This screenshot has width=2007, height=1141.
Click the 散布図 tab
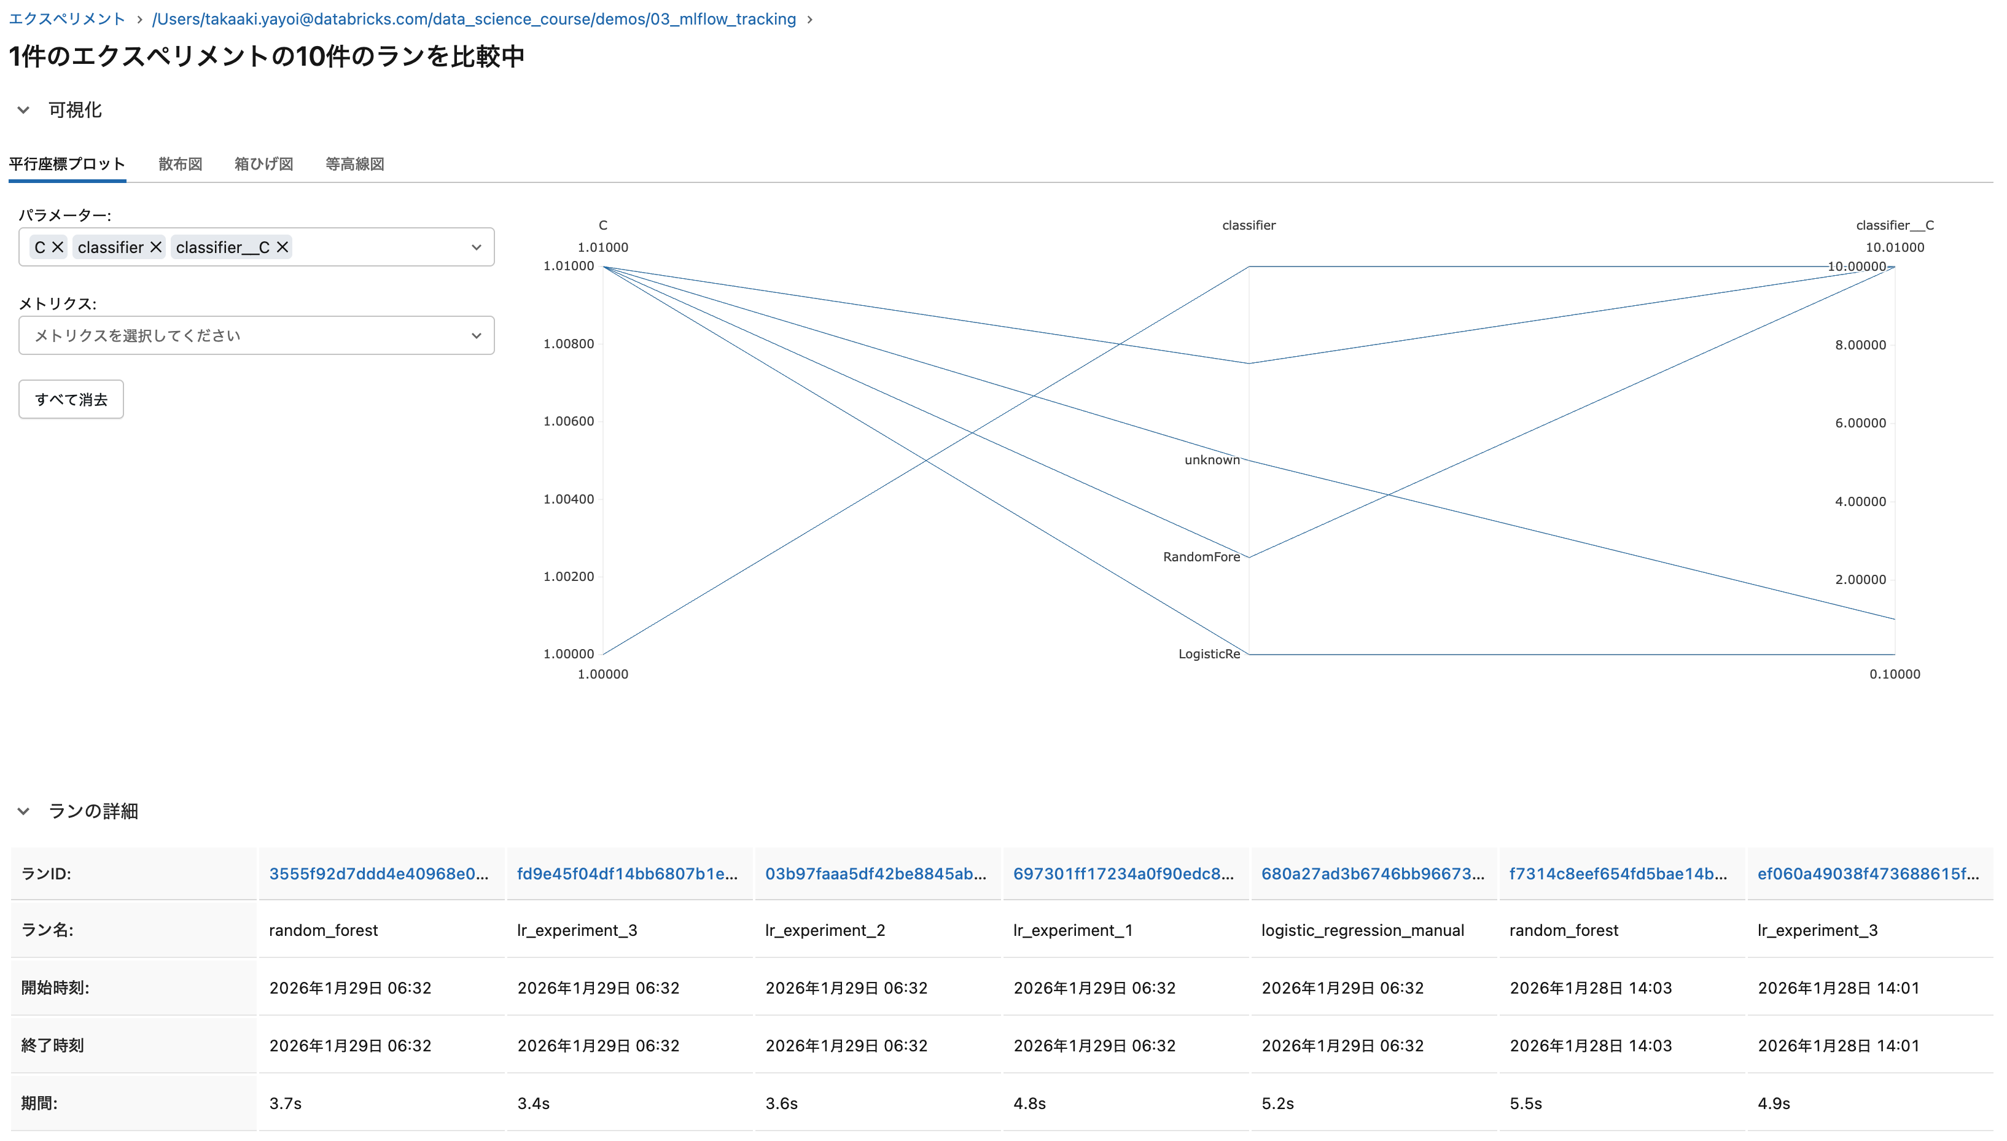point(180,164)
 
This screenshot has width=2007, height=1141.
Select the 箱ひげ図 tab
point(263,164)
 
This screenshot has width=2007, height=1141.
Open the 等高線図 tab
point(354,164)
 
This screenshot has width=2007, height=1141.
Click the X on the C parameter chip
point(58,247)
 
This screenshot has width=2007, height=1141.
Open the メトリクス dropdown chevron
point(476,336)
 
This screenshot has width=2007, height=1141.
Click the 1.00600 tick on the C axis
point(568,422)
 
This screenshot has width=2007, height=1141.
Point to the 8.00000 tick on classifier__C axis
point(1860,345)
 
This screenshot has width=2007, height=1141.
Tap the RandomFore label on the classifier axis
point(1201,557)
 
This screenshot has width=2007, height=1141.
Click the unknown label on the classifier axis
point(1212,460)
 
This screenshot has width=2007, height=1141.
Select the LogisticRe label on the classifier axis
point(1209,655)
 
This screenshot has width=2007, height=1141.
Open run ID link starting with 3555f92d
point(378,874)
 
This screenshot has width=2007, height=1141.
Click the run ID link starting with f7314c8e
point(1618,874)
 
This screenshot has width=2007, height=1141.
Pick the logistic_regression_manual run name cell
point(1362,930)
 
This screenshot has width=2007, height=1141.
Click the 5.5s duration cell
point(1525,1104)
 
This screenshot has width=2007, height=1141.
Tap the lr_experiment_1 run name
point(1072,930)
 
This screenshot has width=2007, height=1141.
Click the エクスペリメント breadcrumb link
point(66,19)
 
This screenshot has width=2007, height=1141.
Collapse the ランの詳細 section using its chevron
point(23,811)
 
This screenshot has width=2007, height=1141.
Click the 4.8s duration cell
point(1029,1104)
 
